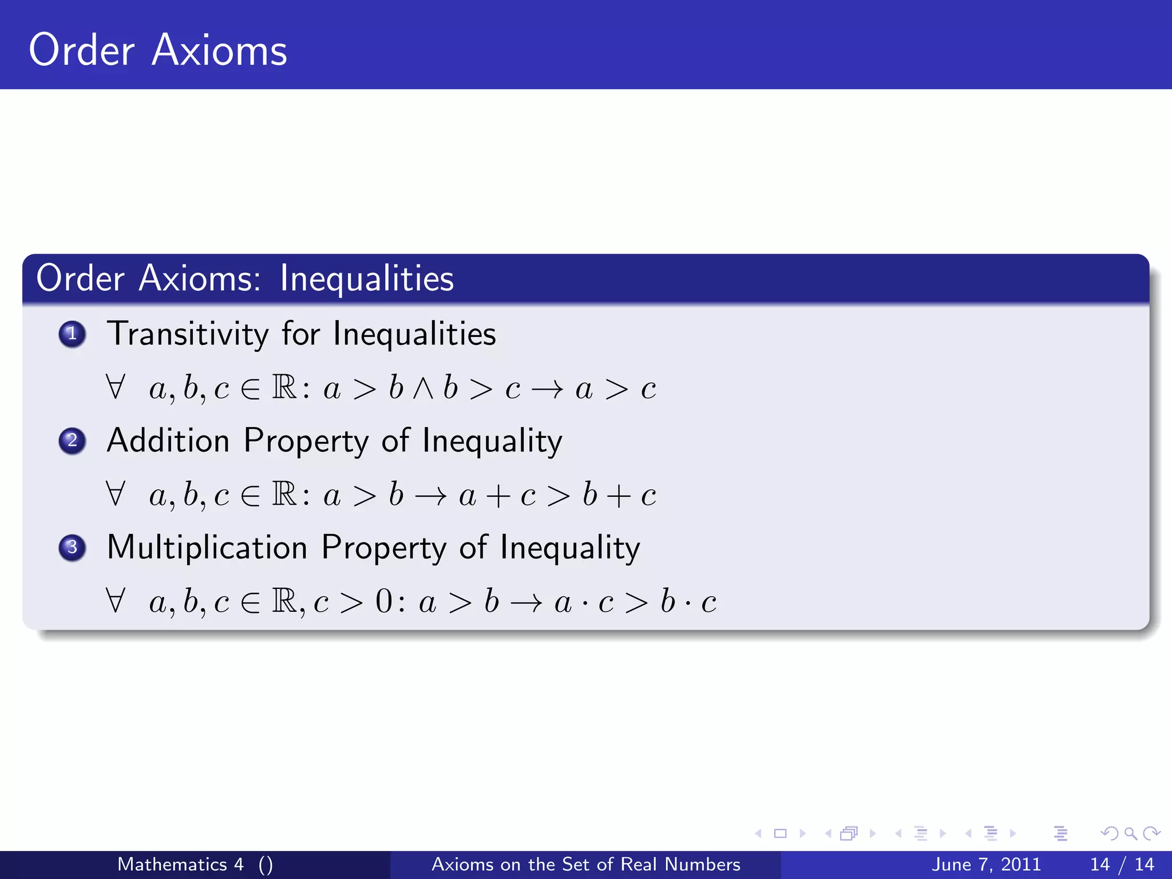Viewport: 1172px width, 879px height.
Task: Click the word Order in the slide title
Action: [82, 50]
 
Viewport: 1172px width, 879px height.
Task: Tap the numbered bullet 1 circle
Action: [72, 334]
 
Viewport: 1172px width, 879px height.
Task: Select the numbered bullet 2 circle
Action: [72, 441]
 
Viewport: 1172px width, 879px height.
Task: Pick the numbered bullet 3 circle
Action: [72, 548]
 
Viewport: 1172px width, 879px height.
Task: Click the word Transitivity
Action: [188, 334]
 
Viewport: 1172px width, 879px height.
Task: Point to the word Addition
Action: [168, 441]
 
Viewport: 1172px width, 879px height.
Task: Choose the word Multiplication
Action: [207, 548]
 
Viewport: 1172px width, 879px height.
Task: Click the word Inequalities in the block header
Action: [367, 279]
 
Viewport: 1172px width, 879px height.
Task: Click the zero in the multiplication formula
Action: [384, 602]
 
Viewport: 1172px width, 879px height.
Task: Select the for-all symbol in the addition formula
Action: [115, 495]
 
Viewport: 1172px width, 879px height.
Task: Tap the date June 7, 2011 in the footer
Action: [986, 864]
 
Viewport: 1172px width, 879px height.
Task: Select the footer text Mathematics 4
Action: [180, 864]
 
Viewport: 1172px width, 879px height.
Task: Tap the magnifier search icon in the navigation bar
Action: [1130, 834]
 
